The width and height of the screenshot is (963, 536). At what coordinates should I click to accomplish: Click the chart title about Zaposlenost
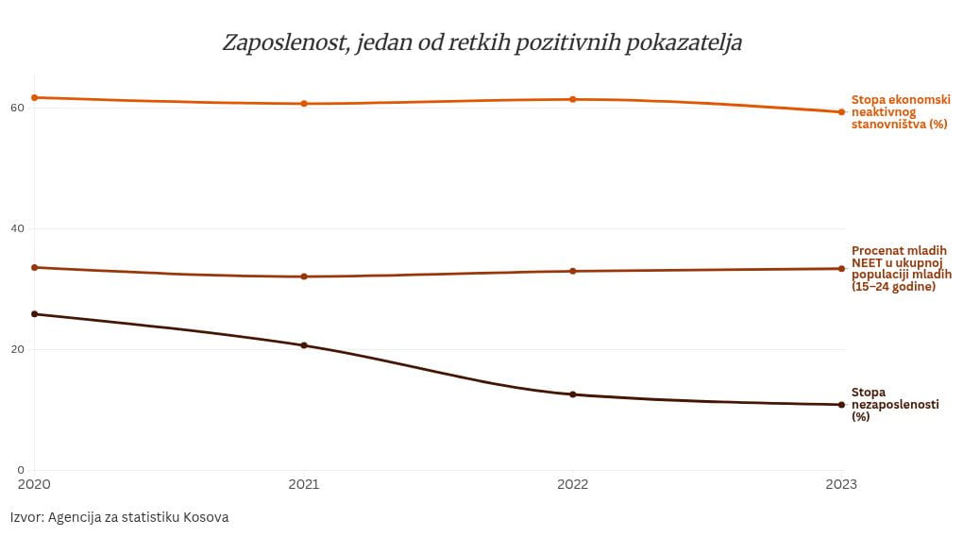tap(481, 42)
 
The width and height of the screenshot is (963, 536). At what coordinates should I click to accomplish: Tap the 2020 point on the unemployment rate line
tap(35, 314)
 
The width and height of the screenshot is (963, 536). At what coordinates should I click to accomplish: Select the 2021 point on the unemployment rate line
tap(304, 345)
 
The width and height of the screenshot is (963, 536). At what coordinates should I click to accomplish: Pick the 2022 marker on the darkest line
tap(573, 394)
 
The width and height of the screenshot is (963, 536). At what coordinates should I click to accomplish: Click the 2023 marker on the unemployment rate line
tap(841, 405)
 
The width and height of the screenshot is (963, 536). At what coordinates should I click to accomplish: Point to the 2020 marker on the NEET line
tap(35, 267)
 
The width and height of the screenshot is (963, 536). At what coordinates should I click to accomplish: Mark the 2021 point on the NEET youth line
tap(304, 276)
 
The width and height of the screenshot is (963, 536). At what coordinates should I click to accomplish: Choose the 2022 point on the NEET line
tap(573, 272)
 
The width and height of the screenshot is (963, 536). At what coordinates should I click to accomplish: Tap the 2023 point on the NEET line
tap(841, 269)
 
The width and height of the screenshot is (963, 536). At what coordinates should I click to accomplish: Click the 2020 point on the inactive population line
tap(35, 97)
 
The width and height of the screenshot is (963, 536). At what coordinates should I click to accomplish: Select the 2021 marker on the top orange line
tap(304, 104)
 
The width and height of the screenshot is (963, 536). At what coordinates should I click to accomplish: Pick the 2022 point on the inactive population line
tap(573, 99)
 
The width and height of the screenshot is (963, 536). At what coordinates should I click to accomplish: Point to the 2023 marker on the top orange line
tap(841, 112)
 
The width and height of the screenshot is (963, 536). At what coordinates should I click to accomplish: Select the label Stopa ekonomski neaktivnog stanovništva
tap(900, 111)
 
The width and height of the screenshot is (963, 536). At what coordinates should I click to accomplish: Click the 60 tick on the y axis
tap(16, 108)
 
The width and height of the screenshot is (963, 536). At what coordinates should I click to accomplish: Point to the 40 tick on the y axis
tap(16, 228)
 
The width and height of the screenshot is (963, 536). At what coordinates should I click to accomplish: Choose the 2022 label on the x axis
tap(573, 484)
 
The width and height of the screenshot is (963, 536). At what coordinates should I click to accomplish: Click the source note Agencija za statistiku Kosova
tap(120, 517)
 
